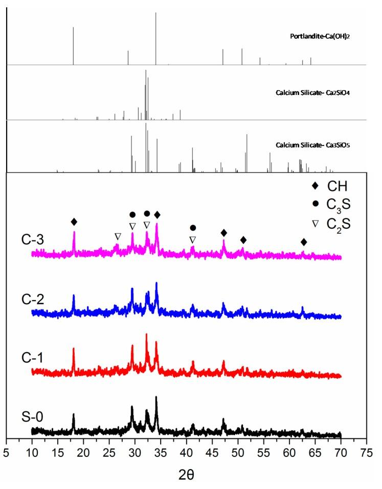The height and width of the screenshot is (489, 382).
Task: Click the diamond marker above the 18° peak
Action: (74, 222)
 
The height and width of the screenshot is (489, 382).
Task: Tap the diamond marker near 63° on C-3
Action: (304, 241)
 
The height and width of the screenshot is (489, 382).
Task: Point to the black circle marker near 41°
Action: (193, 228)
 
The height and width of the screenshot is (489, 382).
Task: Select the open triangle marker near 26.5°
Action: (118, 236)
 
